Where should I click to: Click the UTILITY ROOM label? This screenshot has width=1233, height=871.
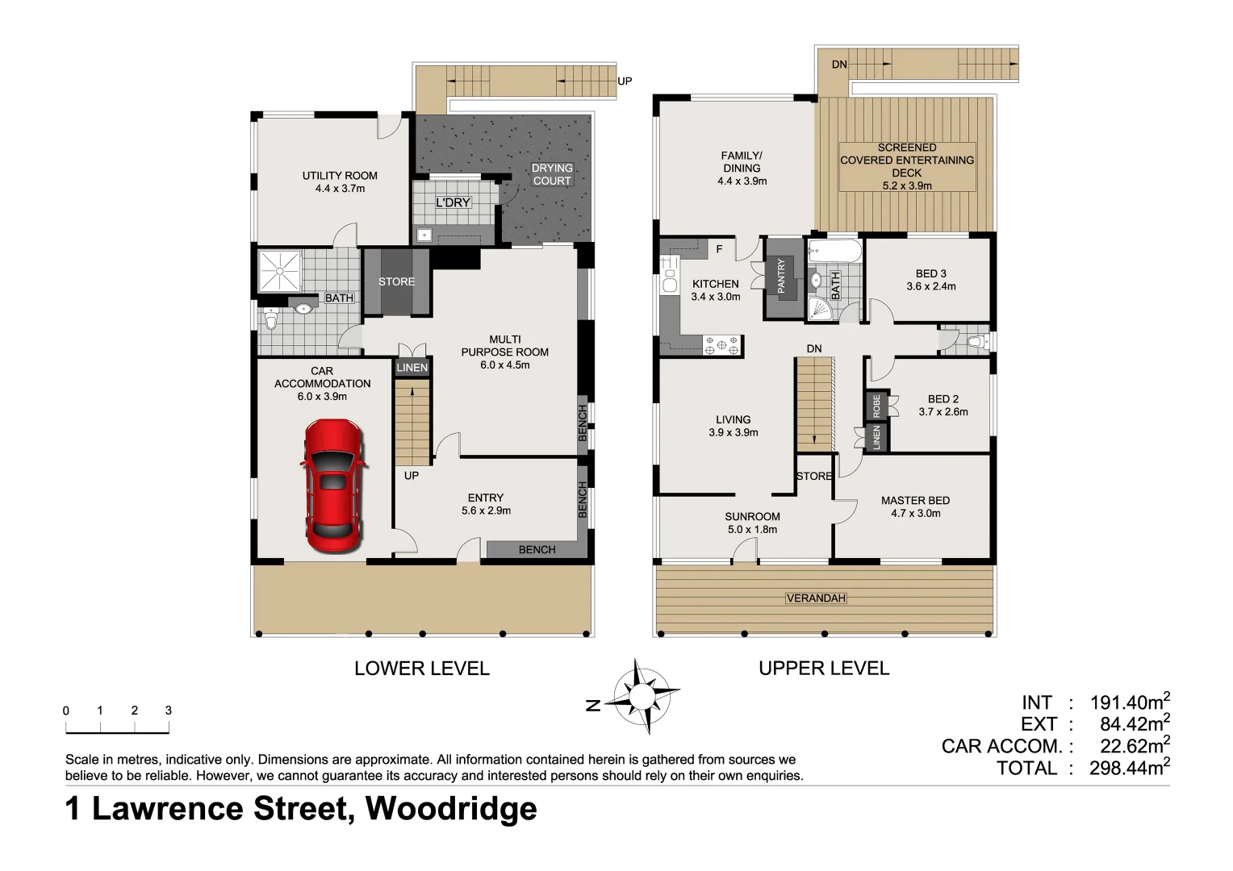(x=340, y=176)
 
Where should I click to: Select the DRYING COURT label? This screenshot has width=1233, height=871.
(x=552, y=174)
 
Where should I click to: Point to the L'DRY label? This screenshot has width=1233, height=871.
(x=452, y=202)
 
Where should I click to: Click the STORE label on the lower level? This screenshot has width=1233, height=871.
(x=396, y=281)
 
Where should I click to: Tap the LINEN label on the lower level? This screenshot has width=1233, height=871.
(x=412, y=368)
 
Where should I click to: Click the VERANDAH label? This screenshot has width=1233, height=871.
(x=817, y=598)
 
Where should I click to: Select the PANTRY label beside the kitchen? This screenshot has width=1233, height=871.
(x=780, y=276)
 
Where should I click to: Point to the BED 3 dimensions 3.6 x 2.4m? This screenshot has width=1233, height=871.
(x=930, y=286)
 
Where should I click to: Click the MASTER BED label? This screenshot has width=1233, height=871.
(x=915, y=501)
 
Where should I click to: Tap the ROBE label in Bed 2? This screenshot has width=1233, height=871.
(x=876, y=405)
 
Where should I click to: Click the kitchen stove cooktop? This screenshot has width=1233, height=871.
(x=722, y=345)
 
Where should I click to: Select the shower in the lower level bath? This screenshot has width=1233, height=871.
(x=279, y=272)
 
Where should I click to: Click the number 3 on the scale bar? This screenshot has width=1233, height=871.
(x=168, y=711)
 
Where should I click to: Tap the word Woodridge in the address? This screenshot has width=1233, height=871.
(x=451, y=808)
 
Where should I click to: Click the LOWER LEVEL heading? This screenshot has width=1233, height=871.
(x=421, y=669)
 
